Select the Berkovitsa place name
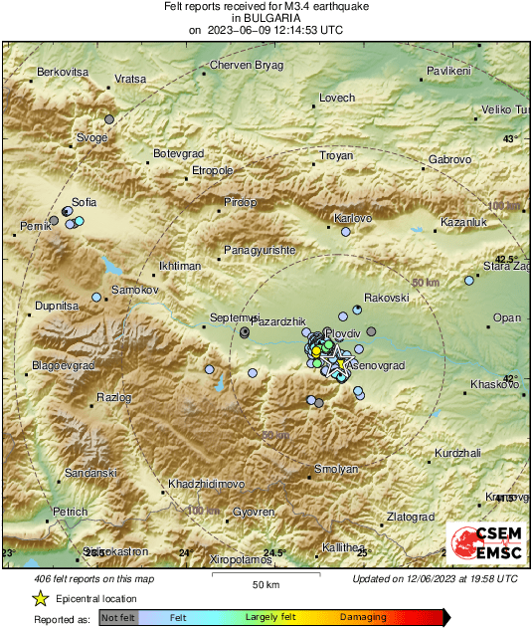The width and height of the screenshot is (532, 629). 63,73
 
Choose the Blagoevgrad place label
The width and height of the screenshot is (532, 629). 63,366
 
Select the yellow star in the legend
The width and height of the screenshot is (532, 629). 40,598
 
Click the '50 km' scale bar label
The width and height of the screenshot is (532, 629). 265,584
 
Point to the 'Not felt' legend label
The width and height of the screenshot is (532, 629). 118,618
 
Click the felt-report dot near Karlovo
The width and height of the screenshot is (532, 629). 346,232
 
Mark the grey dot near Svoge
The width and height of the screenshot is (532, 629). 109,119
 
